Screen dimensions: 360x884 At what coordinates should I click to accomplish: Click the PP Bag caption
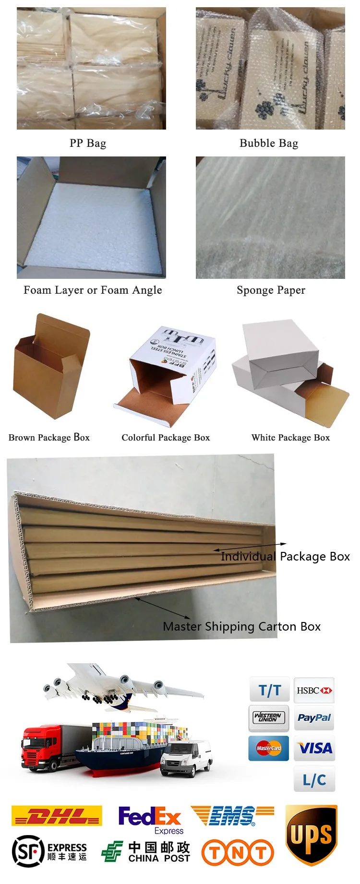(x=88, y=143)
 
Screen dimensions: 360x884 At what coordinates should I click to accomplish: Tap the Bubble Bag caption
(x=269, y=143)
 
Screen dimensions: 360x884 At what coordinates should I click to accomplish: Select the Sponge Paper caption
(x=271, y=290)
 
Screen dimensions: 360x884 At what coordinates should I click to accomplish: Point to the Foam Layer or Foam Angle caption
(x=93, y=290)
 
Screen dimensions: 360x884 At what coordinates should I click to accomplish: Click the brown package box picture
(x=51, y=367)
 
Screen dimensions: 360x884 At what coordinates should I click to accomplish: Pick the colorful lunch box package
(x=168, y=374)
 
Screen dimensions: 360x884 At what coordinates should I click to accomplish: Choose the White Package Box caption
(x=290, y=437)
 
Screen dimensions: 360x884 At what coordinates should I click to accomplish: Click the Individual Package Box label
(x=285, y=556)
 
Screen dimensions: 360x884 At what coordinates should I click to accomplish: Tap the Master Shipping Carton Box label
(x=241, y=626)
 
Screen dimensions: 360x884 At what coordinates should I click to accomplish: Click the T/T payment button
(x=269, y=690)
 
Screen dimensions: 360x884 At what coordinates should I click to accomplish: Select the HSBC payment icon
(x=314, y=690)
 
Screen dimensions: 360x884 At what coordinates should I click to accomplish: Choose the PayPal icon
(x=314, y=718)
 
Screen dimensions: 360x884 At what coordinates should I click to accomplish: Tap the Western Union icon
(x=269, y=718)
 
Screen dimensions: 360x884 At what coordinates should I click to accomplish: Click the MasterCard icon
(x=269, y=748)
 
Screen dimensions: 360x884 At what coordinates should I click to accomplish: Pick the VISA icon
(x=314, y=748)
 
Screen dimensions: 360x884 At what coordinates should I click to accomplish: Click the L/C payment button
(x=314, y=779)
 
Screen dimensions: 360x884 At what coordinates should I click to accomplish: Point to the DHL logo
(x=57, y=816)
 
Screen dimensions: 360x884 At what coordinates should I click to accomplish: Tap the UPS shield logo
(x=312, y=835)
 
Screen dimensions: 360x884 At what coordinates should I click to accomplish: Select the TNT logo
(x=238, y=852)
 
